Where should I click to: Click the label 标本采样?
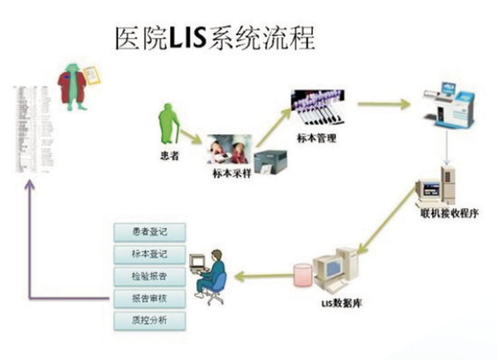(x=231, y=173)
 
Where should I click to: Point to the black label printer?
(x=271, y=161)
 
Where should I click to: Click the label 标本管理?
(x=317, y=138)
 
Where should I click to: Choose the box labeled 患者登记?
(x=150, y=232)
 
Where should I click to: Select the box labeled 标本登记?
(x=150, y=254)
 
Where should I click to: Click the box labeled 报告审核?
(x=150, y=298)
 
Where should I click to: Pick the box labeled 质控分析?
(x=150, y=320)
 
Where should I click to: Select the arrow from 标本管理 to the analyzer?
(x=383, y=104)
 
